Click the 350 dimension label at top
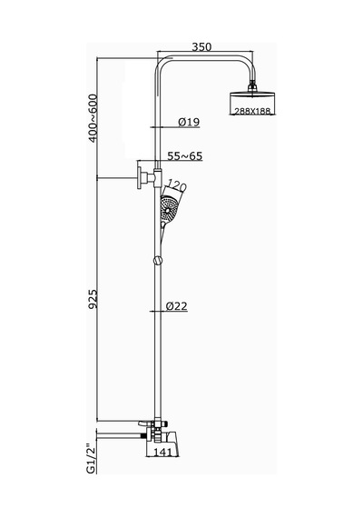201,47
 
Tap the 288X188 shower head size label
252,111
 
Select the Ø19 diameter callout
189,122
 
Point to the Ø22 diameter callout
177,306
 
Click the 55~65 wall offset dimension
185,156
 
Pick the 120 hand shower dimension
177,186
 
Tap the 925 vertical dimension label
93,299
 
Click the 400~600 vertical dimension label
93,118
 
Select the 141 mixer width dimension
162,452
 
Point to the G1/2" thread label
91,459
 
